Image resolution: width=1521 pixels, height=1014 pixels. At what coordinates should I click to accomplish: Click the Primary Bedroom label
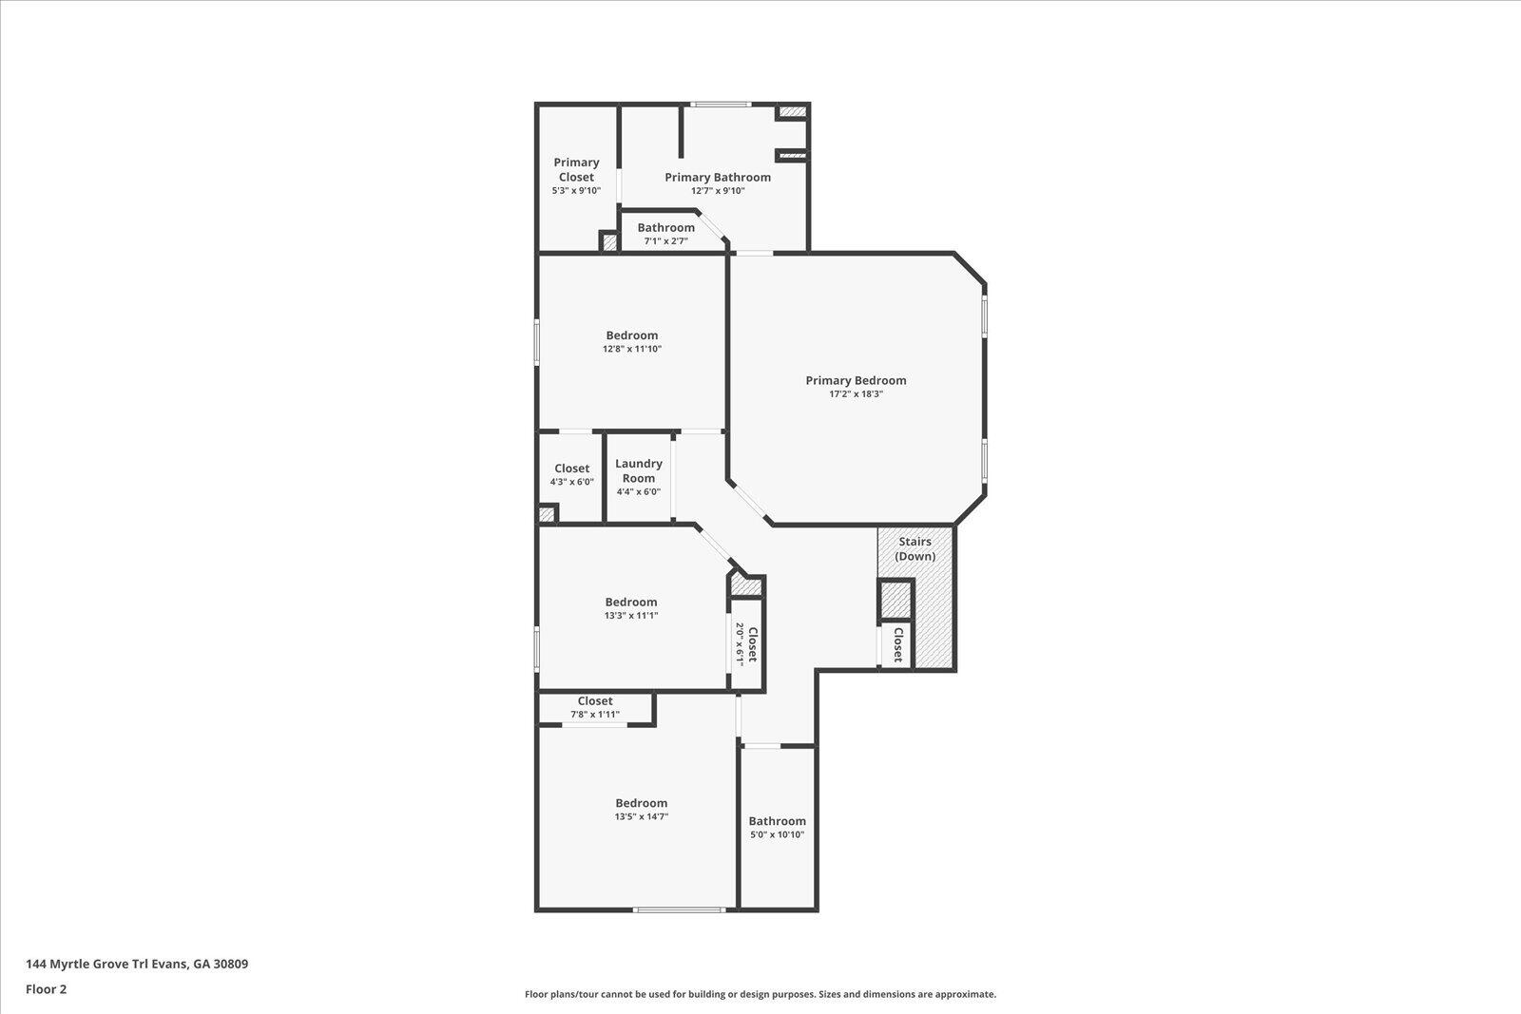(x=856, y=380)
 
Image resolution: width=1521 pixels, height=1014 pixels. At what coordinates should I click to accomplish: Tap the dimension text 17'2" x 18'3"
(x=856, y=394)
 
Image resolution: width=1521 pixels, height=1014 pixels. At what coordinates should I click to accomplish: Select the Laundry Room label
(x=639, y=470)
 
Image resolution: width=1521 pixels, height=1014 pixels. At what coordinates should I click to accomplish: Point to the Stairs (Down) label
(x=915, y=548)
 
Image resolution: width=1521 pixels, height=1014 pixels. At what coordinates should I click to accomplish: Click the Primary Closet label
(x=576, y=169)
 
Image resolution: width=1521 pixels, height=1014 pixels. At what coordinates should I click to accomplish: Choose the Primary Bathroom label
(x=718, y=177)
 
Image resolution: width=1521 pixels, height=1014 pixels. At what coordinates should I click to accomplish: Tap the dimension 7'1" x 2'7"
(x=665, y=241)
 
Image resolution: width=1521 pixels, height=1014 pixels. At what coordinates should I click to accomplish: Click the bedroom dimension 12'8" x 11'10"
(x=632, y=349)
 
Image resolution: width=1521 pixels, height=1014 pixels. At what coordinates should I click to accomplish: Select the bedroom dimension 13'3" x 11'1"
(x=631, y=615)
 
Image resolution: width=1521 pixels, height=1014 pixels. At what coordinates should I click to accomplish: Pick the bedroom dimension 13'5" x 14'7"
(x=642, y=816)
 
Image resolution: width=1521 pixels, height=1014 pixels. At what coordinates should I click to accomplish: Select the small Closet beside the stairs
(x=896, y=644)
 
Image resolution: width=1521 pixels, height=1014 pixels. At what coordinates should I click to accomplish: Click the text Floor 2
(x=46, y=989)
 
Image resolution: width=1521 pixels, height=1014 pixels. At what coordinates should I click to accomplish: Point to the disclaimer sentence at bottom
(x=760, y=994)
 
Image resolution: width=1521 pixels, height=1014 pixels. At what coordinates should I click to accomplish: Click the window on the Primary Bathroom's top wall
(x=721, y=104)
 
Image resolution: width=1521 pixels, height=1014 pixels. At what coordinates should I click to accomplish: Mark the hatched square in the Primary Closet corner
(x=609, y=242)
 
